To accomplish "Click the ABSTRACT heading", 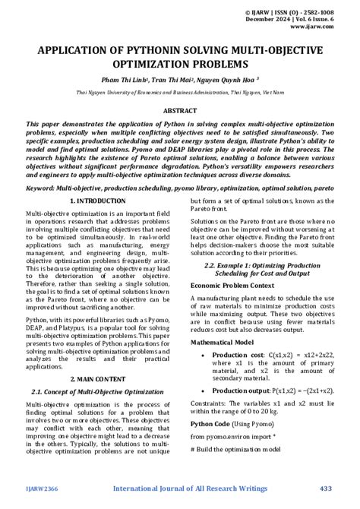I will pyautogui.click(x=179, y=110).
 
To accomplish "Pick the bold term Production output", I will pyautogui.click(x=242, y=390).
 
